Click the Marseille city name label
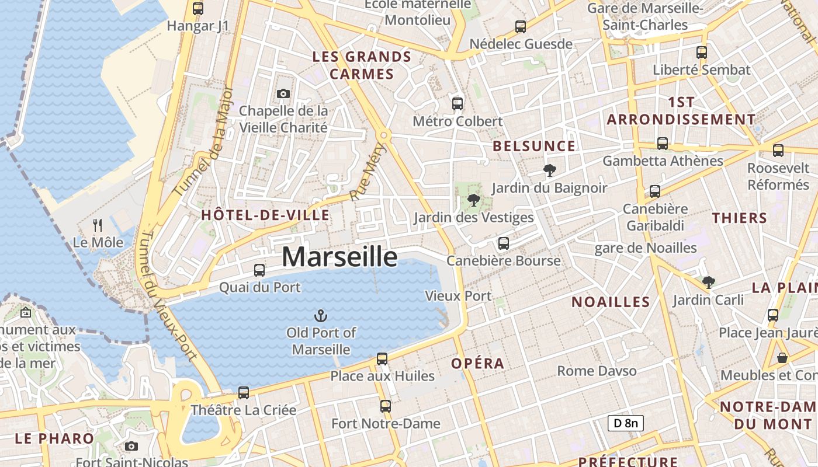coord(339,257)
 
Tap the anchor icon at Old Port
coord(320,316)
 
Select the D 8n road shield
coord(625,423)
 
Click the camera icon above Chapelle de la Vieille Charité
coord(283,93)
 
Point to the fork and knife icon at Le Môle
coord(98,225)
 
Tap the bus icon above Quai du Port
coord(259,270)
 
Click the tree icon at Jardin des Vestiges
coord(474,201)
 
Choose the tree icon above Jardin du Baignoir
coord(549,170)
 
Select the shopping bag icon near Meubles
coord(782,357)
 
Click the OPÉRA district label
coord(477,363)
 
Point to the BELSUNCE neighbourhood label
coord(534,146)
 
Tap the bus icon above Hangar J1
coord(198,9)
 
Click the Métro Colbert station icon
coord(457,104)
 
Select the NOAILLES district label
coord(611,302)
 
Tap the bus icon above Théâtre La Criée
coord(244,392)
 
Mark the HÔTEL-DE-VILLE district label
coord(265,215)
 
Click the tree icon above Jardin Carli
coord(709,283)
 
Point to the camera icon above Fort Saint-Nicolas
coord(131,446)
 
